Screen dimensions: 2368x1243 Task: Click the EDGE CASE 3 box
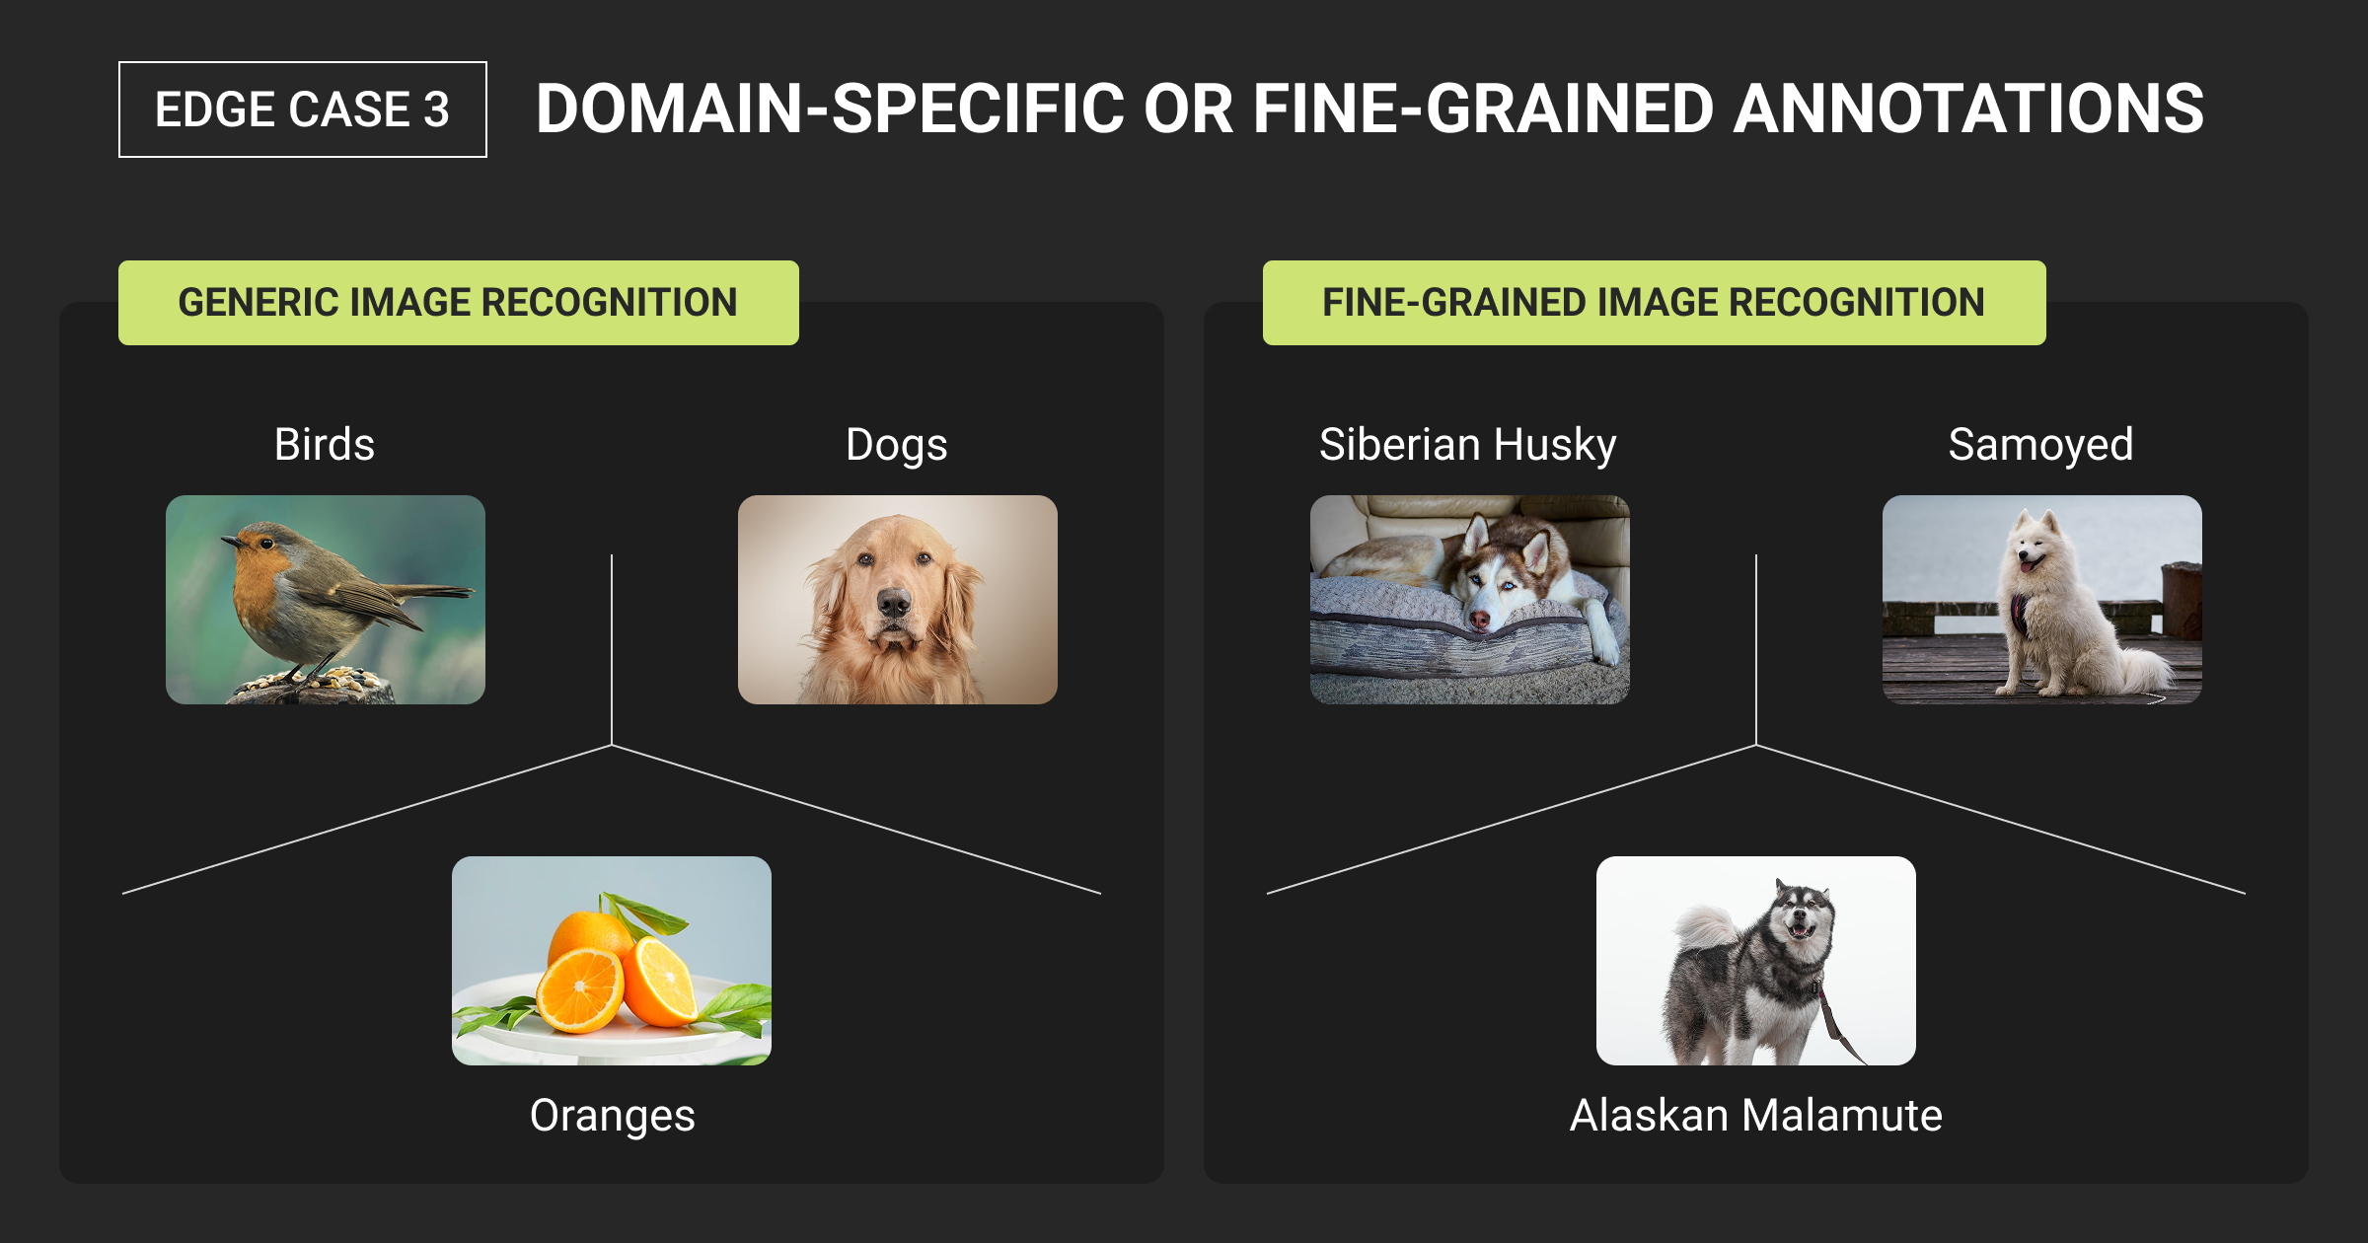pyautogui.click(x=303, y=110)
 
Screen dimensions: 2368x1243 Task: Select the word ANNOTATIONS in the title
pyautogui.click(x=1968, y=109)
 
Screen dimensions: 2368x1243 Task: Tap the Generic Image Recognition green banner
pyautogui.click(x=459, y=303)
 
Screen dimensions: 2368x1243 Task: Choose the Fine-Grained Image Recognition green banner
pyautogui.click(x=1655, y=303)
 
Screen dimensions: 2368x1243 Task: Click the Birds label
pyautogui.click(x=325, y=444)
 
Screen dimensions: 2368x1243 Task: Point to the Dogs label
pyautogui.click(x=897, y=445)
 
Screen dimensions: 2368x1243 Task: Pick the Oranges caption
pyautogui.click(x=613, y=1116)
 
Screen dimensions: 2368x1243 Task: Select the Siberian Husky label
pyautogui.click(x=1468, y=445)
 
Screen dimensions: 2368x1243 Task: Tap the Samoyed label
pyautogui.click(x=2041, y=445)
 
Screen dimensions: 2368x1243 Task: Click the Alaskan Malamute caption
pyautogui.click(x=1756, y=1116)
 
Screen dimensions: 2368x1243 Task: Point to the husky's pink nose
pyautogui.click(x=1479, y=620)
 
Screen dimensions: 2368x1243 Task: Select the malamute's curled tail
pyautogui.click(x=1705, y=927)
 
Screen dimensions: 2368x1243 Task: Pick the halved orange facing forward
pyautogui.click(x=580, y=988)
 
